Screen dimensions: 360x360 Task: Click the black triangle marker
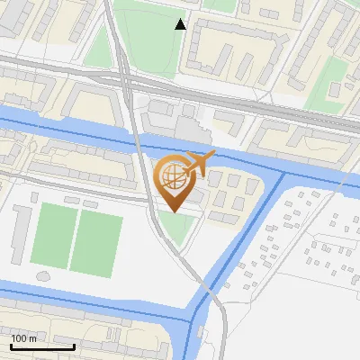tap(181, 24)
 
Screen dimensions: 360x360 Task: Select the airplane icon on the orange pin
tap(199, 162)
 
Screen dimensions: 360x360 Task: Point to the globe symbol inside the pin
tap(174, 176)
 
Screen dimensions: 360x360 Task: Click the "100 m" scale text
tap(24, 338)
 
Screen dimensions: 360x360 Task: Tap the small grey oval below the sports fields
tap(42, 274)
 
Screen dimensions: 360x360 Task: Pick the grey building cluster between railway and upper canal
tap(175, 121)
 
